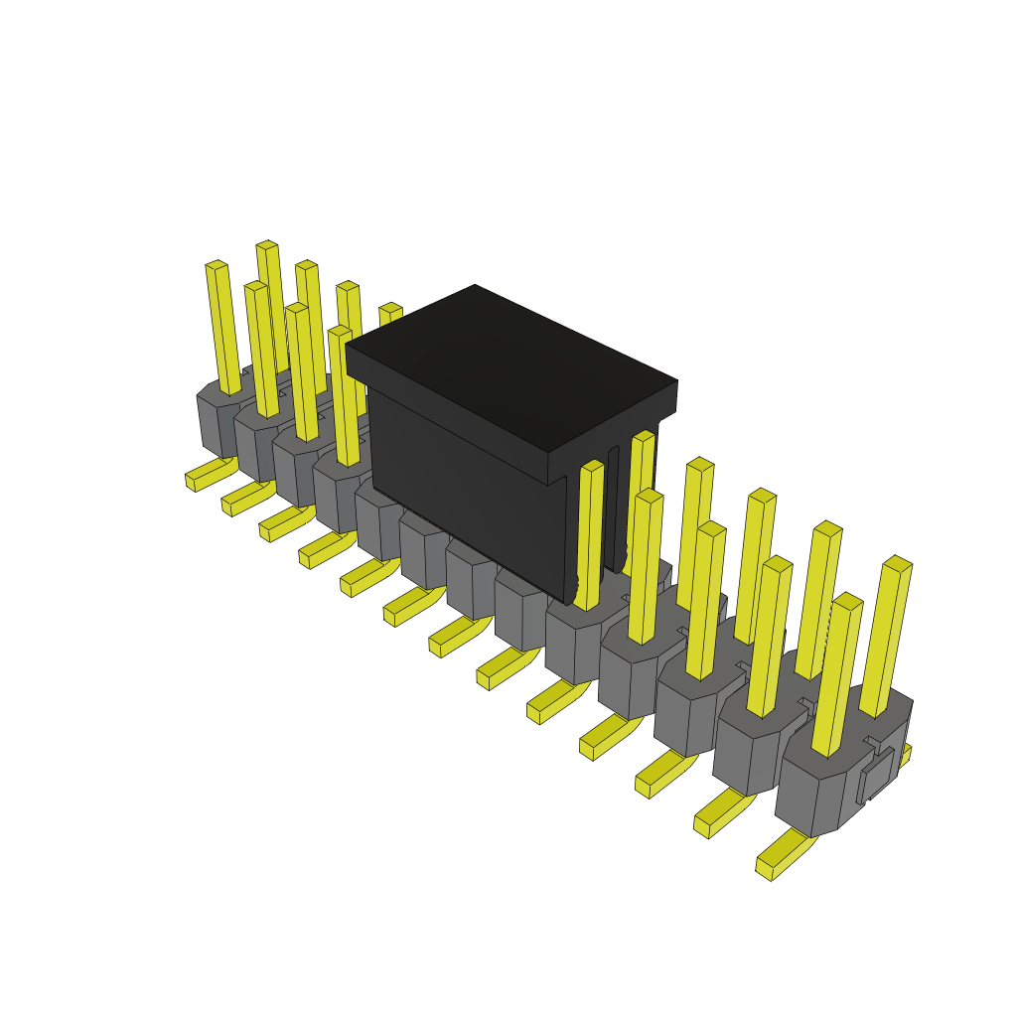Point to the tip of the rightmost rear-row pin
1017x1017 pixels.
(x=897, y=564)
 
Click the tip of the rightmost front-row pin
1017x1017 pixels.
(x=847, y=602)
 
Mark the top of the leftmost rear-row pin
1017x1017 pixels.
(x=217, y=266)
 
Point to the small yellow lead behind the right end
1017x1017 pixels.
(x=903, y=756)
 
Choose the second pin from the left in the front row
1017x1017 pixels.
(x=301, y=372)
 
